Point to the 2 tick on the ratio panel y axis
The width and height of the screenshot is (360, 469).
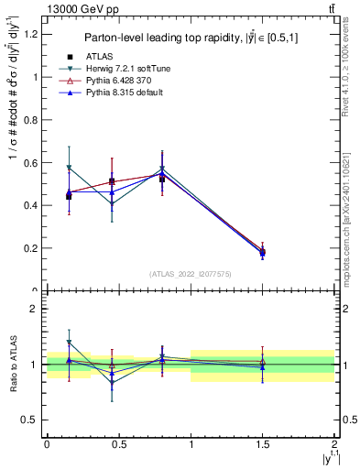point(35,310)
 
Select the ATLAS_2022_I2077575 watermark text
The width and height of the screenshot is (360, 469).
point(191,273)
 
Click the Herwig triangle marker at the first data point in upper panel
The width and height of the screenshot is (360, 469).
point(70,169)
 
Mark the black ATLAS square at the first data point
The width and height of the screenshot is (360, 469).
point(70,197)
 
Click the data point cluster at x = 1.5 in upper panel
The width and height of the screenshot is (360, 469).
point(263,252)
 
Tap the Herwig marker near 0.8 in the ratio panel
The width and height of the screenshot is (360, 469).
point(162,356)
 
